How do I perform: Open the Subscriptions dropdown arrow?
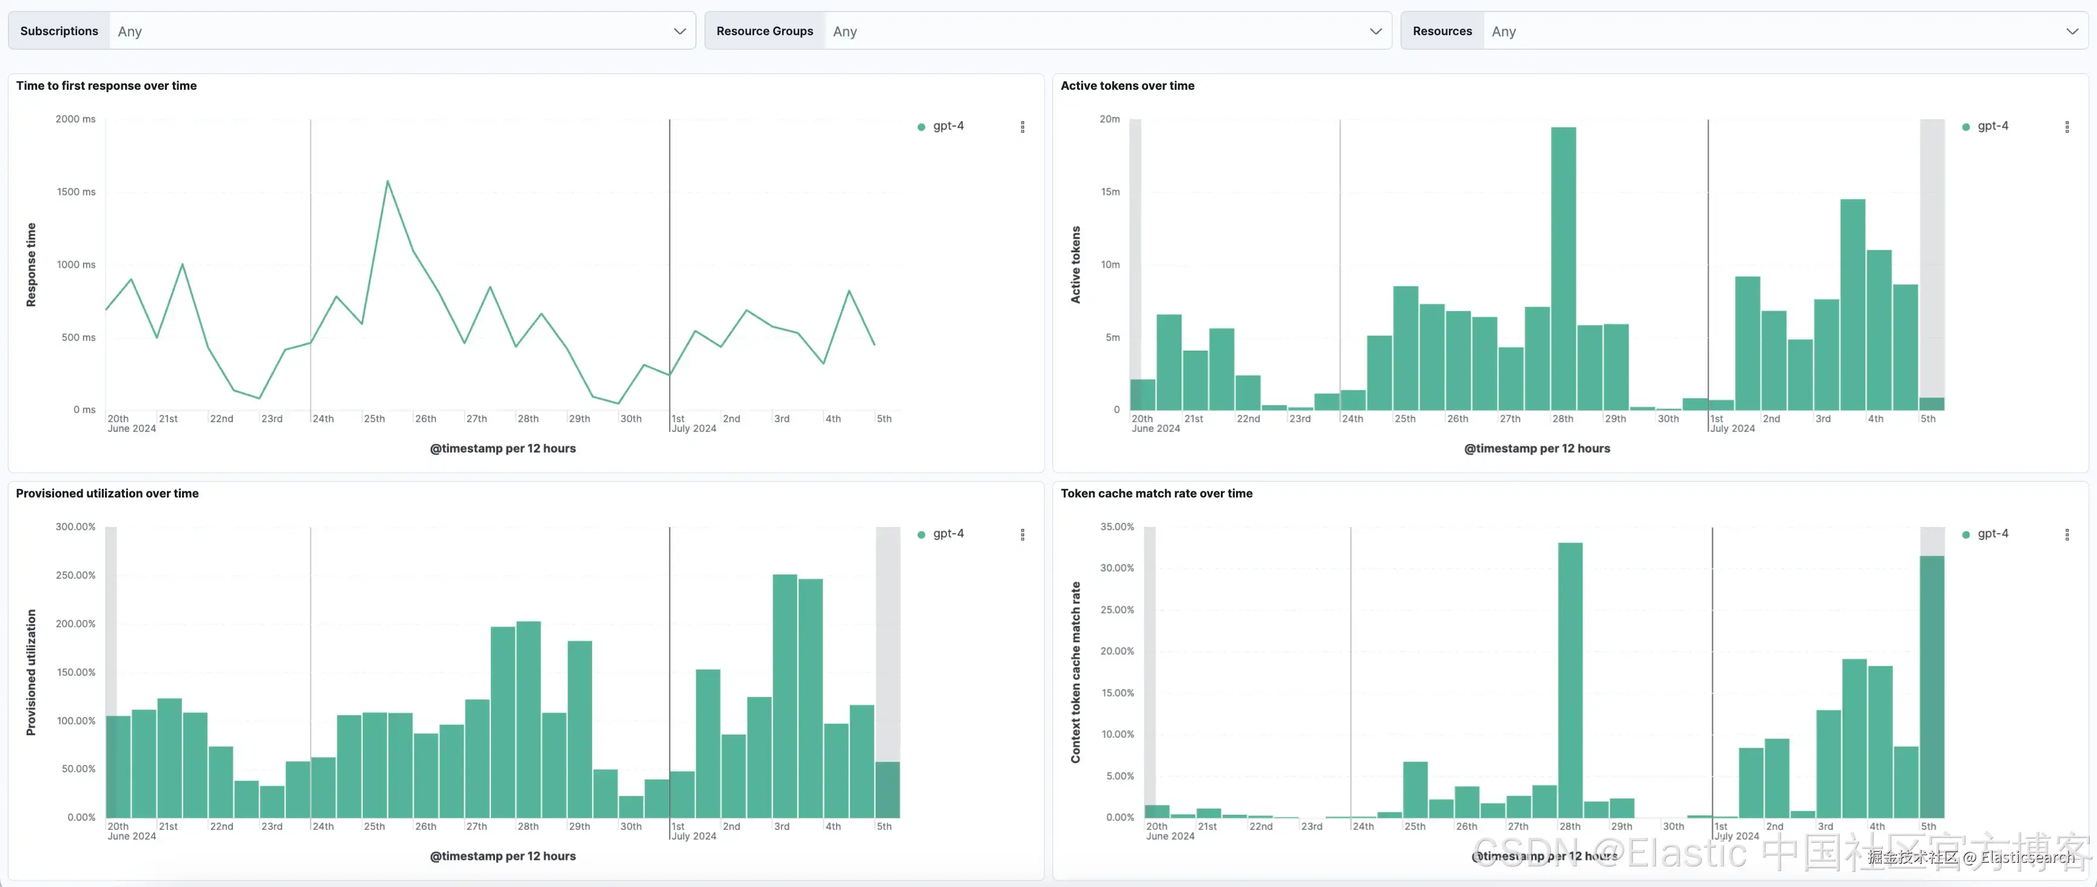679,32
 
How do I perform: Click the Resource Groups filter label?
765,32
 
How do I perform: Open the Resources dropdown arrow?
2071,32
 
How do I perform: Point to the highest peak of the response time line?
388,181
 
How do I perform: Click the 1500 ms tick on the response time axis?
76,192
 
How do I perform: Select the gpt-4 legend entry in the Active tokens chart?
1992,126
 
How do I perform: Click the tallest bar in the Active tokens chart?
1563,269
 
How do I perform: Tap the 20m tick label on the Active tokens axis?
1110,119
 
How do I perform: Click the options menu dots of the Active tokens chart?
2067,127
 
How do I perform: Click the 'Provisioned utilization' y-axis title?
31,672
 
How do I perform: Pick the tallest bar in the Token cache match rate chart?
1570,680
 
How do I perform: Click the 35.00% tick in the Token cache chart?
1117,527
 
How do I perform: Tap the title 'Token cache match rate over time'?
1156,493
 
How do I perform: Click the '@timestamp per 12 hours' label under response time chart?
502,448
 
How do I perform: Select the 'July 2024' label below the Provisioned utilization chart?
694,837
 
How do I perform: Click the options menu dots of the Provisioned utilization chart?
1022,535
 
